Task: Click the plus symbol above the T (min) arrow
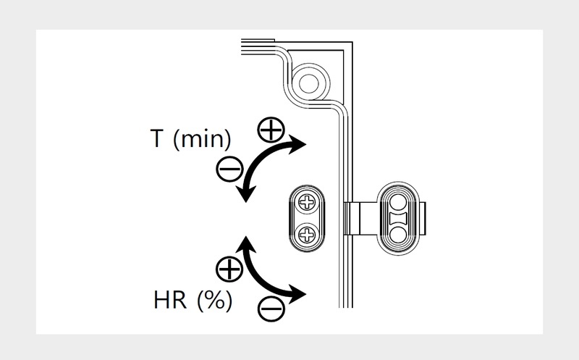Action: [270, 130]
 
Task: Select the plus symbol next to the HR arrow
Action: [229, 269]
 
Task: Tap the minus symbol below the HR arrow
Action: [271, 309]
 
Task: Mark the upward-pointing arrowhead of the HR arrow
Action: [247, 243]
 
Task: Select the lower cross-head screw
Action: [308, 234]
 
